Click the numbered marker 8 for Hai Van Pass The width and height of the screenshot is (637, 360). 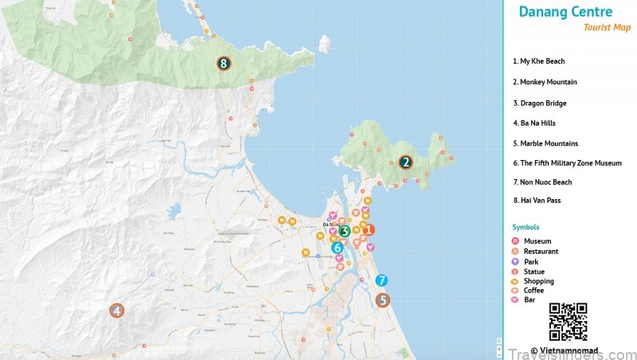coord(224,64)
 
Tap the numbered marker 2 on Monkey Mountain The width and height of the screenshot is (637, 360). coord(405,162)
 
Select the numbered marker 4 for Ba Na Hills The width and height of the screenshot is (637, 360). coord(117,311)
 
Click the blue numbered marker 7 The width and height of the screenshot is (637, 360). coord(381,280)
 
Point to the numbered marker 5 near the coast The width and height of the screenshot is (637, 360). coord(383,300)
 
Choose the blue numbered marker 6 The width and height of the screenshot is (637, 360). coord(338,248)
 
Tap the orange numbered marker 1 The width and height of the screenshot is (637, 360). coord(368,229)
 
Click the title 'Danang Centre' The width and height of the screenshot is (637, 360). coord(565,12)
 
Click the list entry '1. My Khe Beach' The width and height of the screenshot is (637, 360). coord(539,61)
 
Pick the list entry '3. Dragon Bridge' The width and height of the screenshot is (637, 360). coord(541,103)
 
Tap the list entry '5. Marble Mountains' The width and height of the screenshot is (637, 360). coord(545,143)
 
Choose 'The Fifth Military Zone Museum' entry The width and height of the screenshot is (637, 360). coord(567,163)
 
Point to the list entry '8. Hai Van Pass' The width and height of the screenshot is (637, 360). coord(537,200)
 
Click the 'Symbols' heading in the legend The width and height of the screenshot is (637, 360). coord(526,227)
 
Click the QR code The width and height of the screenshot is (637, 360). coord(568,322)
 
